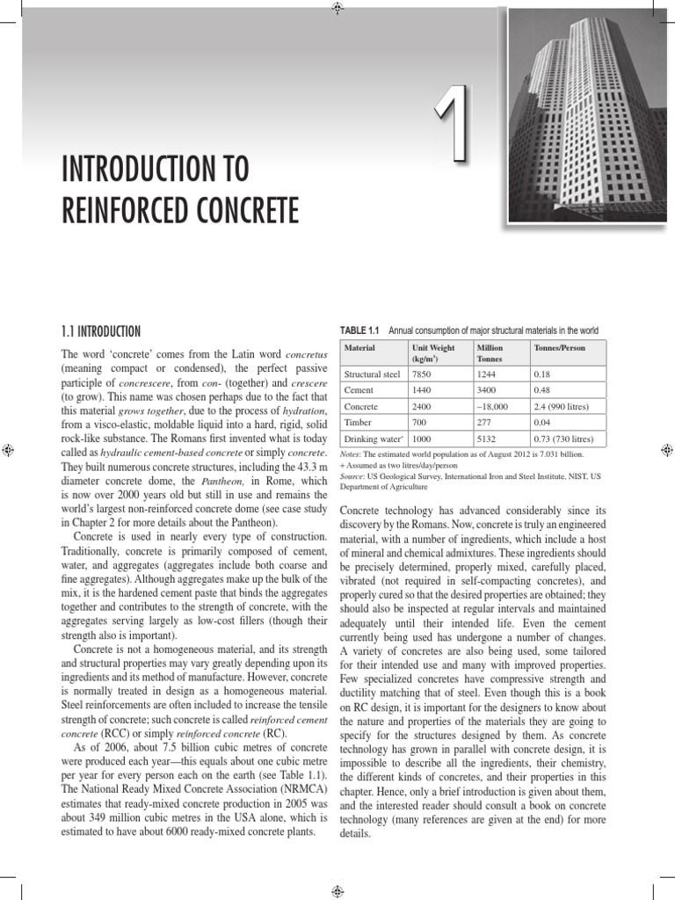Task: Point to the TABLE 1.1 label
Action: pos(359,330)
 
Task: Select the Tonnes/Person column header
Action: pos(559,348)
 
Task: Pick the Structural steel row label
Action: pos(372,374)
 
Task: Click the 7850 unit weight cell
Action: pos(422,374)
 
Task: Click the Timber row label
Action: pos(358,423)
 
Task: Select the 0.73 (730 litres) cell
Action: pos(563,439)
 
